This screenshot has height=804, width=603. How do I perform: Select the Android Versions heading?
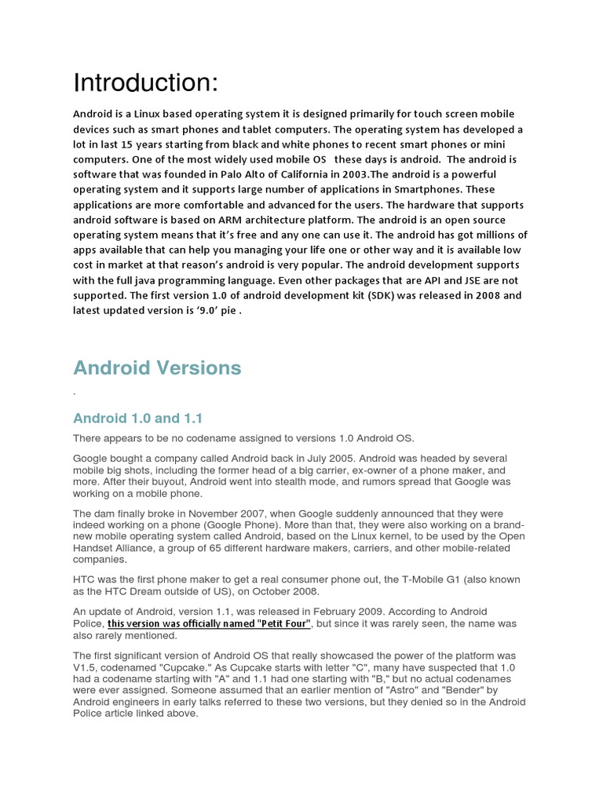click(x=157, y=367)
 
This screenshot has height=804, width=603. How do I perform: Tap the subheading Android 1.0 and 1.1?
click(x=137, y=418)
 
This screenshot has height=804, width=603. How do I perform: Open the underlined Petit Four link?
click(x=210, y=623)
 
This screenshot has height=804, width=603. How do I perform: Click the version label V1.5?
click(x=86, y=667)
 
